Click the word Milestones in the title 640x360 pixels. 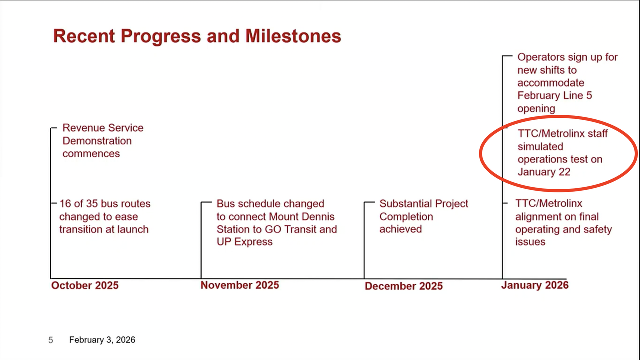point(293,36)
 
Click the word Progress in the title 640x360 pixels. point(161,37)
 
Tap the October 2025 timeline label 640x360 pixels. point(85,285)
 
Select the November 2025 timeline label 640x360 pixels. point(240,285)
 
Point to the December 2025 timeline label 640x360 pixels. point(404,286)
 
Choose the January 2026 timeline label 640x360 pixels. point(535,285)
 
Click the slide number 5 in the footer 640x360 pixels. point(51,340)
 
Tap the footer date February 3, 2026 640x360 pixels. point(102,340)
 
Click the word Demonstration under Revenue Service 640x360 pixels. point(97,141)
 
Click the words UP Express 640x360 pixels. point(245,242)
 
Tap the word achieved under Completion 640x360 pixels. point(401,229)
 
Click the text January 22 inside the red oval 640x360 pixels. point(544,172)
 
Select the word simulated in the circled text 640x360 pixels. point(540,147)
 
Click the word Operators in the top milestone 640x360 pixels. point(537,57)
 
